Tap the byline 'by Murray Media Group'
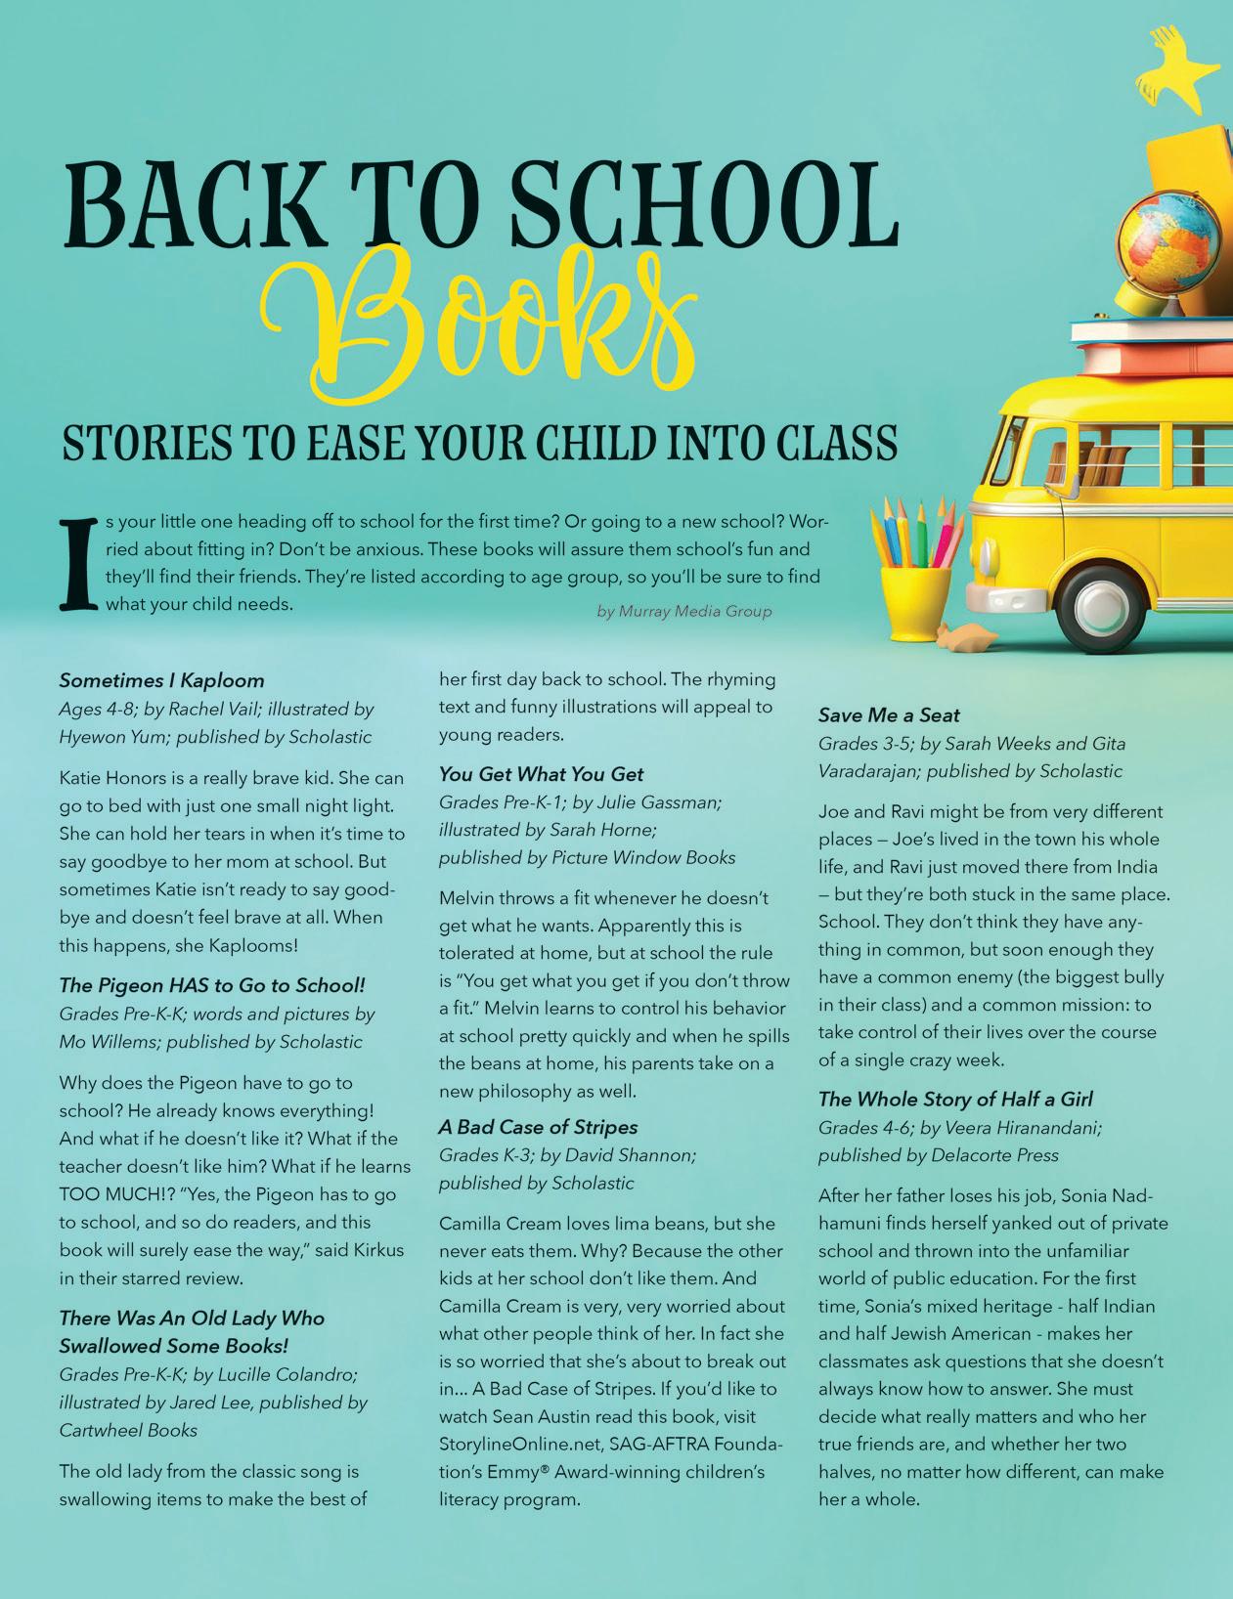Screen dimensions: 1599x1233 pos(683,612)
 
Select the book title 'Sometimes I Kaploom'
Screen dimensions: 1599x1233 pos(161,680)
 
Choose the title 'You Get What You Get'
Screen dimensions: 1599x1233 pos(541,774)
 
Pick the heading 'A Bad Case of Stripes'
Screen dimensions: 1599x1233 pos(538,1127)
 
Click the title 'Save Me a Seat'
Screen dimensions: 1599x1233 pos(889,715)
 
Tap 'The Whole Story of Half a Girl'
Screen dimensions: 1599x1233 pos(955,1099)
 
